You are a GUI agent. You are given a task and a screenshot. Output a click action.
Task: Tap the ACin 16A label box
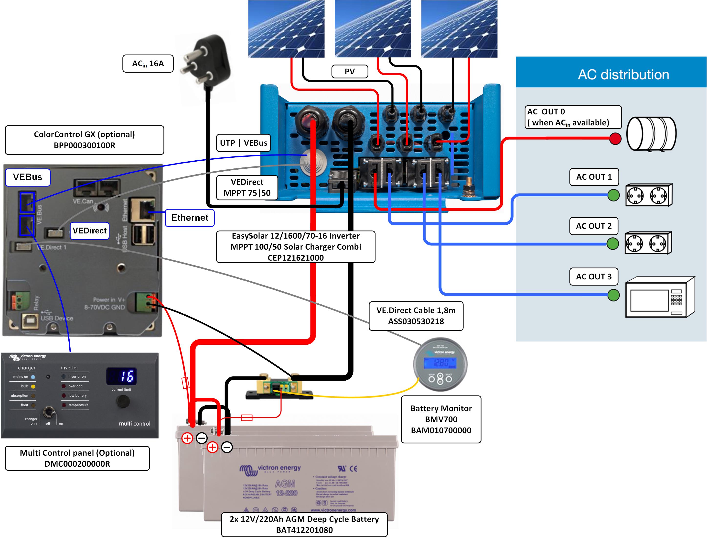pos(148,64)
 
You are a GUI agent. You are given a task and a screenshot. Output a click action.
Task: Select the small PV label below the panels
pos(350,71)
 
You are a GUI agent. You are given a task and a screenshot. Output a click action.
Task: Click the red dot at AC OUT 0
pos(615,139)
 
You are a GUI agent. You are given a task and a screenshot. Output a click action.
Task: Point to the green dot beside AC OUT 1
pos(613,195)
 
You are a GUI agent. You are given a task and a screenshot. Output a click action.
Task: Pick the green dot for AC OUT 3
pos(613,295)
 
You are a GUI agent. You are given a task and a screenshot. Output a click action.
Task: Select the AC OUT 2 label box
pos(594,226)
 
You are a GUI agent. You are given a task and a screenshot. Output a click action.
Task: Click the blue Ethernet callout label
pos(190,218)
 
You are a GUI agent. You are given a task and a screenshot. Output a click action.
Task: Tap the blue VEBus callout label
pos(28,177)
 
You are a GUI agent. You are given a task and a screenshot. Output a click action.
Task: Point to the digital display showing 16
pos(121,376)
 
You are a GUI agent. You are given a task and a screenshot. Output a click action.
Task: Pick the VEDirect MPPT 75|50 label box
pos(247,187)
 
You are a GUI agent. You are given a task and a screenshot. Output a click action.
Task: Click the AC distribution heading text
pos(623,75)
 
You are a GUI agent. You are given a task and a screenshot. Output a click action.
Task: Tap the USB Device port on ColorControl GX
pos(30,321)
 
